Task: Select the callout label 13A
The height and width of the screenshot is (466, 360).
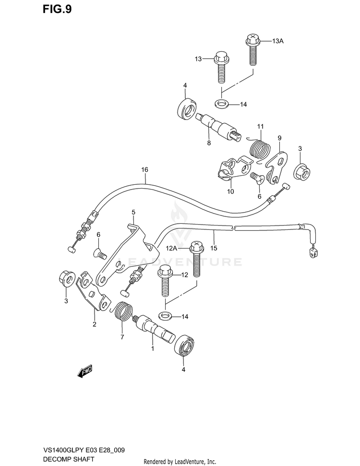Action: click(278, 42)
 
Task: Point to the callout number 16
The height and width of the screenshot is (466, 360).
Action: click(145, 170)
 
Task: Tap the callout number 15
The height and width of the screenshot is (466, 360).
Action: click(214, 248)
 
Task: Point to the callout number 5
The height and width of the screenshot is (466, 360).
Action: click(133, 212)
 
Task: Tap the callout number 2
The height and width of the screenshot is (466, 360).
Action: click(94, 324)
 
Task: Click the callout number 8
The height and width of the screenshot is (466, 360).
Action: click(209, 143)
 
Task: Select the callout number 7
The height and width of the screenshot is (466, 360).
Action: click(122, 337)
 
